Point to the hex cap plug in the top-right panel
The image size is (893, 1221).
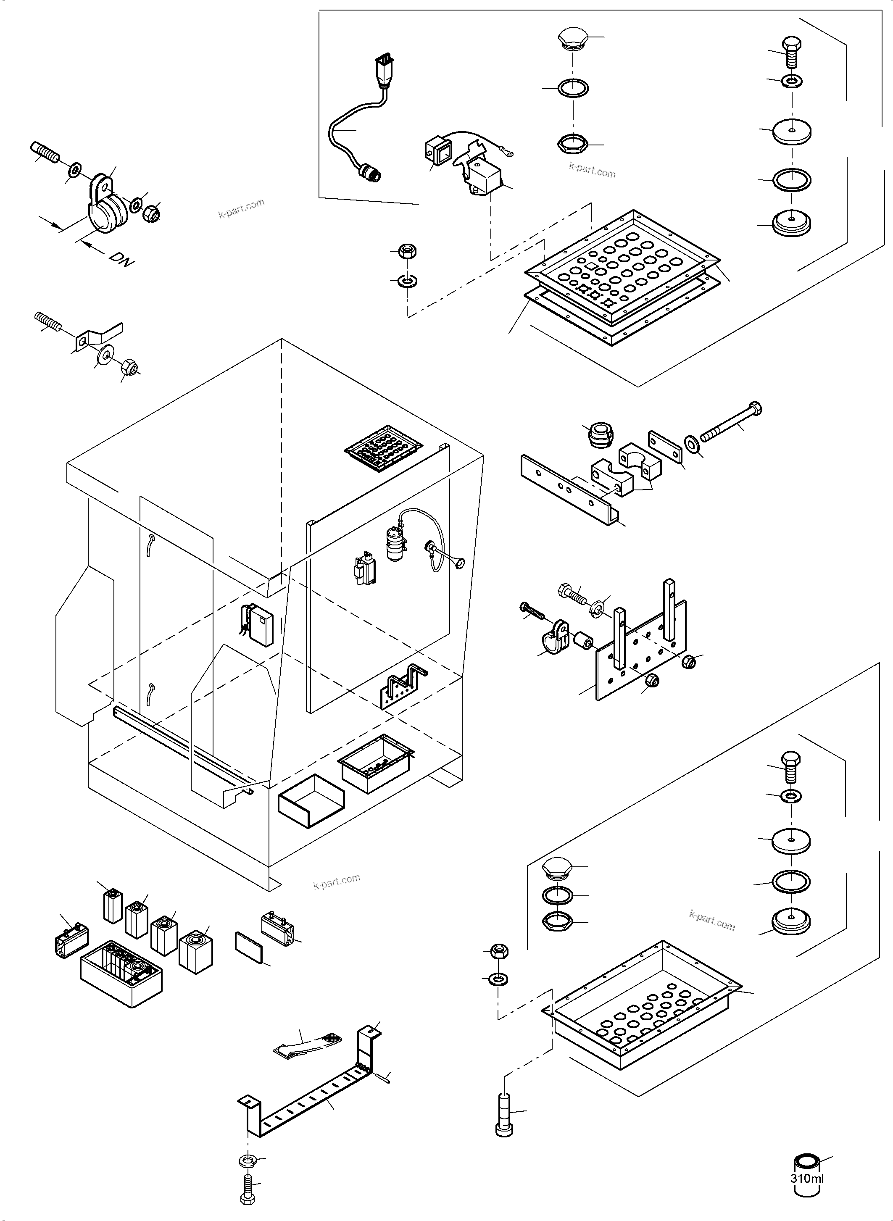tap(572, 39)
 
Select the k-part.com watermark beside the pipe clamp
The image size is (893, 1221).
tap(241, 208)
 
